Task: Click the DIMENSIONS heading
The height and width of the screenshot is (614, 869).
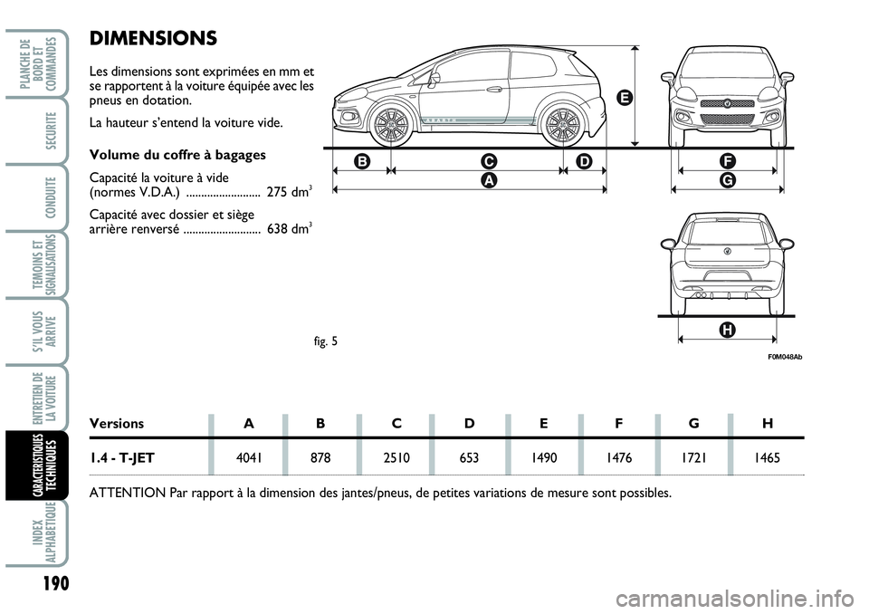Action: pyautogui.click(x=154, y=38)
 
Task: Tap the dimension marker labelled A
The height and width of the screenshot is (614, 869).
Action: pyautogui.click(x=489, y=180)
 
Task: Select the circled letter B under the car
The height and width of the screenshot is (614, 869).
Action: pyautogui.click(x=362, y=161)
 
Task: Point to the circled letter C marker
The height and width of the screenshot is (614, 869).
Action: pyautogui.click(x=489, y=161)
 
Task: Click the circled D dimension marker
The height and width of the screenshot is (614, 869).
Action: pyautogui.click(x=583, y=161)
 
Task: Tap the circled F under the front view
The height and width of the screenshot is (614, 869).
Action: pyautogui.click(x=726, y=161)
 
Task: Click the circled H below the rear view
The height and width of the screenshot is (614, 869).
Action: pyautogui.click(x=727, y=331)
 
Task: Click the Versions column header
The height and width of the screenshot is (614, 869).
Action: pyautogui.click(x=117, y=422)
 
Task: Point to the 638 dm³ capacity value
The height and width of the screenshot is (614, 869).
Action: pyautogui.click(x=291, y=230)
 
